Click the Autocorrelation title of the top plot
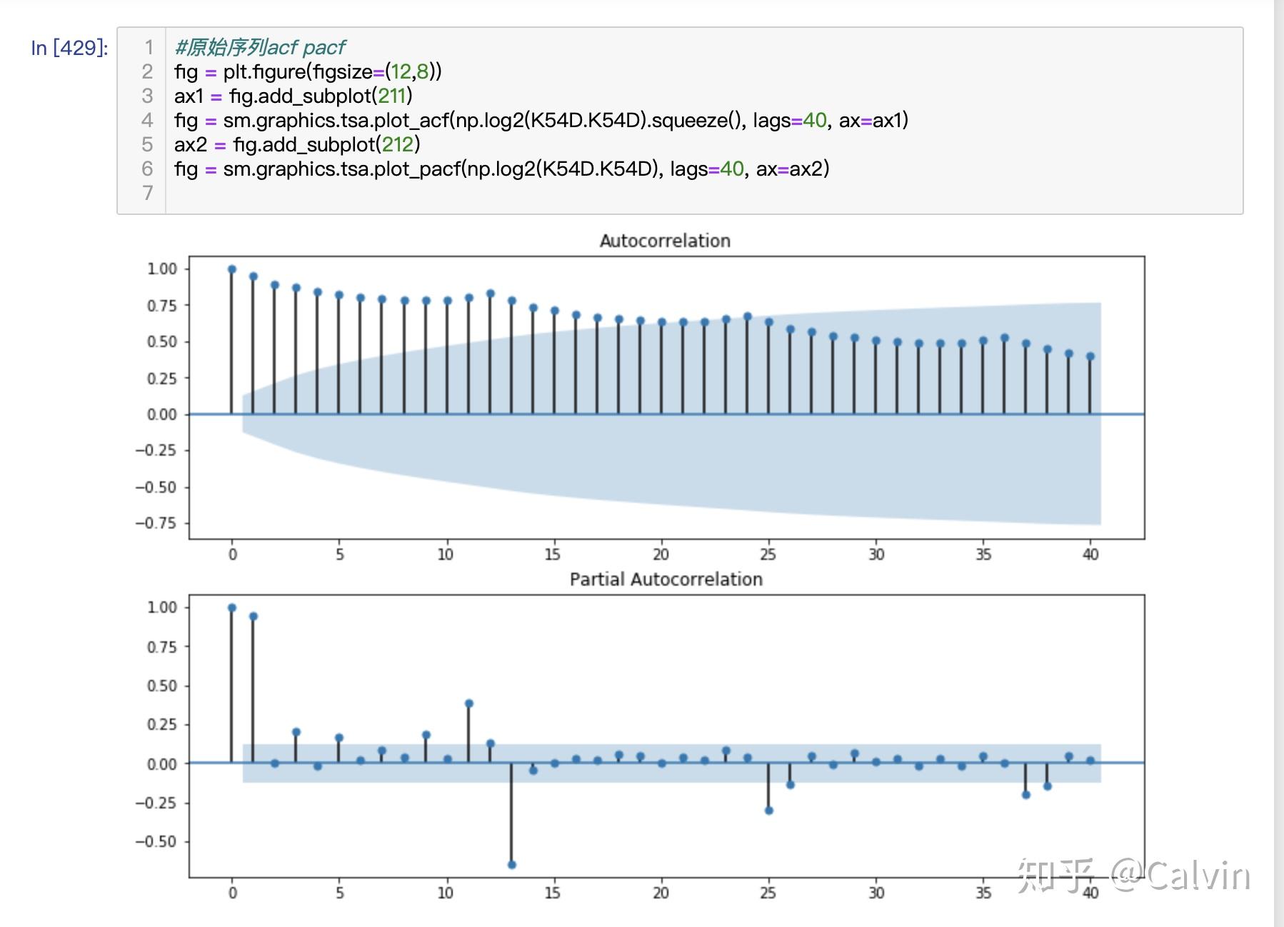click(x=665, y=241)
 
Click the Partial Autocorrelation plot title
click(x=666, y=579)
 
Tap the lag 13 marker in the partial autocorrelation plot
click(x=511, y=865)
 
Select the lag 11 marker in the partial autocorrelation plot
click(x=468, y=703)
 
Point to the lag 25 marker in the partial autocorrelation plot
click(x=769, y=811)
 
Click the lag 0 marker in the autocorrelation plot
click(x=232, y=269)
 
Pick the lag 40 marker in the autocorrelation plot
click(x=1090, y=356)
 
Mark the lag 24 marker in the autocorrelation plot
click(x=748, y=316)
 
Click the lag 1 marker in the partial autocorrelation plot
click(x=254, y=616)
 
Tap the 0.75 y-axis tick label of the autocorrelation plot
click(x=162, y=306)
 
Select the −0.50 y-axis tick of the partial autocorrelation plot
click(x=156, y=841)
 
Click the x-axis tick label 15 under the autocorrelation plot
click(x=553, y=554)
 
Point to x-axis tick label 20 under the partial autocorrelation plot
click(x=661, y=893)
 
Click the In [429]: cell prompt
click(x=69, y=48)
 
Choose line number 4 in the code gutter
click(x=147, y=120)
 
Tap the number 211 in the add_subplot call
click(x=391, y=96)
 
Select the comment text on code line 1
click(x=260, y=47)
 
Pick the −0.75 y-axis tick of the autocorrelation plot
click(x=156, y=523)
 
